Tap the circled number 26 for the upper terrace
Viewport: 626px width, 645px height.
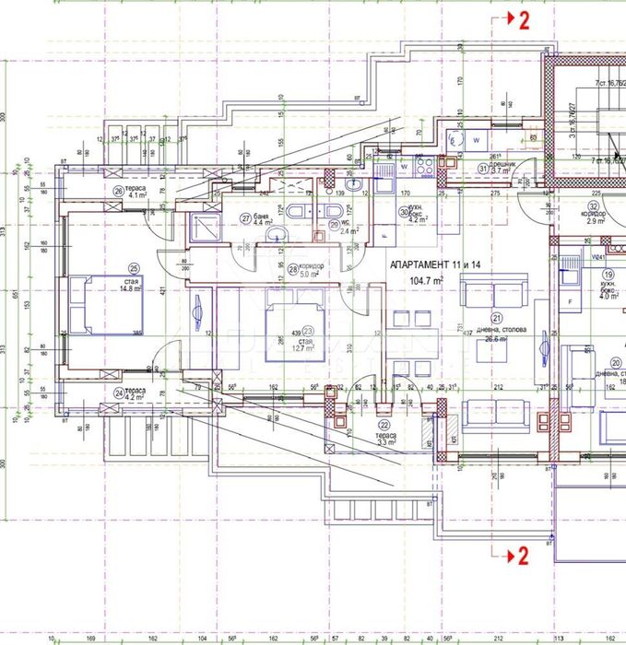tap(118, 191)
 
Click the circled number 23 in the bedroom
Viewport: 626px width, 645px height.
tap(308, 333)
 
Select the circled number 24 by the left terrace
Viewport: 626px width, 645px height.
tap(119, 392)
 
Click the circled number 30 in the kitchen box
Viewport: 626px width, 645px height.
tap(403, 211)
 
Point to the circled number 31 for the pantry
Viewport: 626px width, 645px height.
tap(483, 167)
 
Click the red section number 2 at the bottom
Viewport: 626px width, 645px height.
tap(523, 555)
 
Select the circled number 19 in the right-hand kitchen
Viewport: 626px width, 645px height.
tap(608, 275)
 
